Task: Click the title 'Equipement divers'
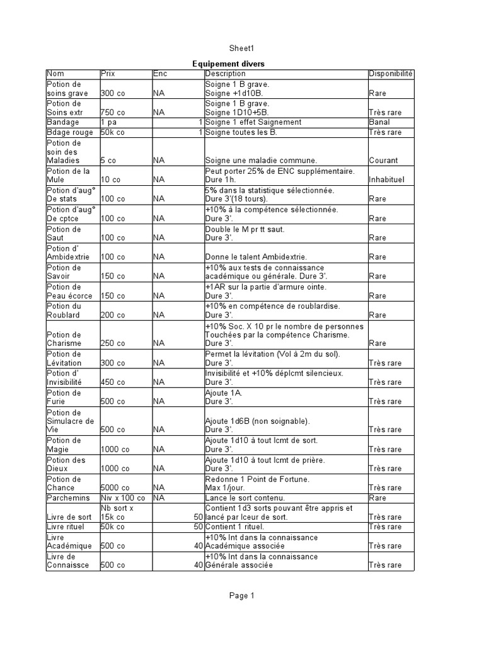(229, 64)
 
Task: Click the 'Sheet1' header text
(241, 48)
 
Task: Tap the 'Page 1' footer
(241, 595)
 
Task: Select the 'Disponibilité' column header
(391, 74)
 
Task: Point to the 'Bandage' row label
(63, 122)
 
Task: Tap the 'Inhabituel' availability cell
(387, 180)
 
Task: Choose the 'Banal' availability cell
(380, 122)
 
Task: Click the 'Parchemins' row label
(69, 498)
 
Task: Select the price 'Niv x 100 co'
(122, 498)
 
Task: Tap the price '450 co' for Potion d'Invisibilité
(113, 382)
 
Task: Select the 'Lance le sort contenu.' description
(245, 498)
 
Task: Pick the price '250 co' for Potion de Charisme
(113, 343)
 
